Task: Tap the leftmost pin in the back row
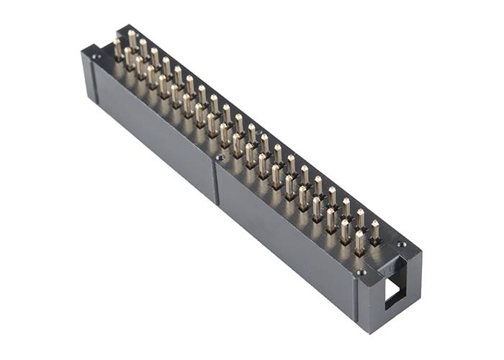(x=132, y=39)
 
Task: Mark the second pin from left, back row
(x=144, y=48)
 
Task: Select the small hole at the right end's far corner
(x=402, y=245)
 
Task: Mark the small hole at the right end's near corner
(x=362, y=272)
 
